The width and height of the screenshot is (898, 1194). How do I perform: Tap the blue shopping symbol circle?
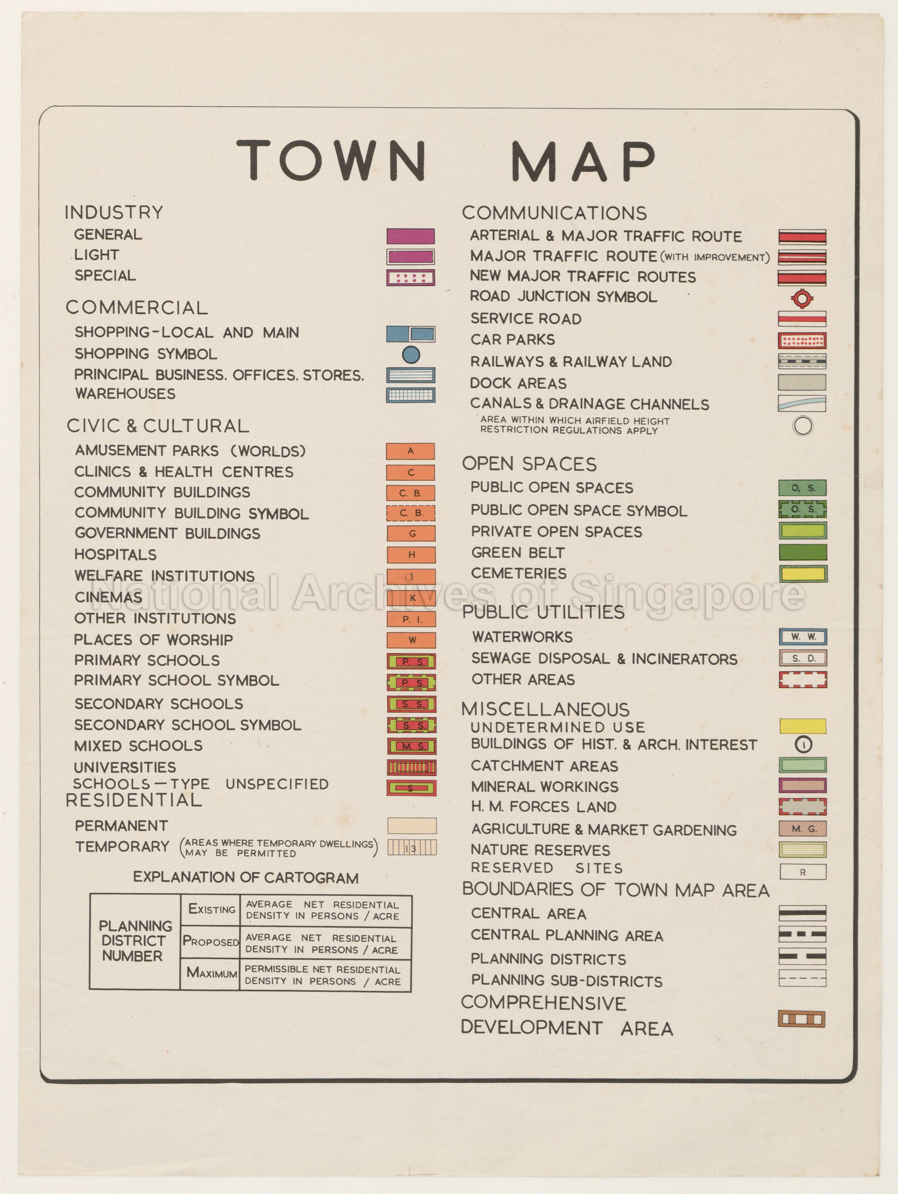click(x=411, y=355)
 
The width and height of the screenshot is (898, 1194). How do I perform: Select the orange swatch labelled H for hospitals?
click(x=411, y=554)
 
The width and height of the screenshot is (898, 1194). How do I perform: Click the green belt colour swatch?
click(x=803, y=552)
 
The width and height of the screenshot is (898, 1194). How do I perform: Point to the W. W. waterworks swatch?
click(x=803, y=637)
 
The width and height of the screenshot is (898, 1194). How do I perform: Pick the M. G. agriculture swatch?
click(x=803, y=828)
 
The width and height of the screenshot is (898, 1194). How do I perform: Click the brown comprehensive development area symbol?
click(x=802, y=1019)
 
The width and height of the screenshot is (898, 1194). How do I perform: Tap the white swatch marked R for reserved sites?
click(x=803, y=872)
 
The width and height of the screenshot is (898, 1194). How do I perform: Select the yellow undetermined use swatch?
click(x=803, y=726)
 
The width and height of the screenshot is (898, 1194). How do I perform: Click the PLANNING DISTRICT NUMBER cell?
click(x=134, y=941)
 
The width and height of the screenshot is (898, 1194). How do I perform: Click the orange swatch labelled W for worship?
click(x=411, y=640)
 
